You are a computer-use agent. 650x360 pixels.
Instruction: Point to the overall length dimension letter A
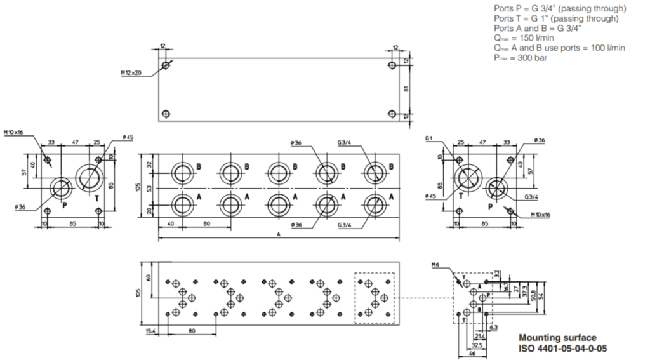click(x=279, y=235)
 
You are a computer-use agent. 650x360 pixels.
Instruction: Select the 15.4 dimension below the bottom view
click(x=150, y=330)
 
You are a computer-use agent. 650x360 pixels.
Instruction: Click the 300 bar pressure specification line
click(x=521, y=58)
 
